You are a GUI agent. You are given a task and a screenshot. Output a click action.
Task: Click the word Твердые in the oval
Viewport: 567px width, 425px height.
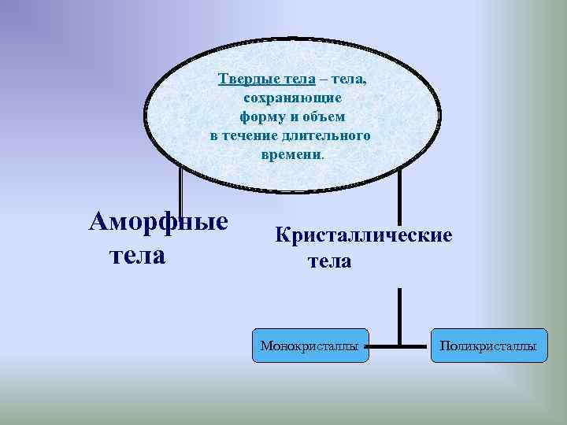(x=244, y=79)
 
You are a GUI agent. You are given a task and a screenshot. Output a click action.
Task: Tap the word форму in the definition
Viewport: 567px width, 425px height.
(x=260, y=116)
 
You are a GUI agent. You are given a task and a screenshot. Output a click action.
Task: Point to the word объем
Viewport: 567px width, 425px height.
(x=322, y=116)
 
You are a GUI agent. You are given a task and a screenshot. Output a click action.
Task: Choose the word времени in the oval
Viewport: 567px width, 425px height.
(x=291, y=154)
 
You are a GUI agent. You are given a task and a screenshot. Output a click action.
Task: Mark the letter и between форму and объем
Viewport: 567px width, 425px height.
(x=290, y=116)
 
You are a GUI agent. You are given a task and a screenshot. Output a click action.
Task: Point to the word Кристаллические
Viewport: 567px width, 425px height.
(x=363, y=235)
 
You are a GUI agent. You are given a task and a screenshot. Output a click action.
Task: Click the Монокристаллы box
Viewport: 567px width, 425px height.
(x=311, y=346)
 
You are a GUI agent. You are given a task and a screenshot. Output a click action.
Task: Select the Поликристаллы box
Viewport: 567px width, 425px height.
(x=488, y=346)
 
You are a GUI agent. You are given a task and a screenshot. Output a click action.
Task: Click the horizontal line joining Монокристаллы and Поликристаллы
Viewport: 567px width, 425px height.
(x=400, y=346)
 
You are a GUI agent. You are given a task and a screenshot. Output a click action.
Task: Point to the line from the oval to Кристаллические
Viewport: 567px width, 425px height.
(x=399, y=197)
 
